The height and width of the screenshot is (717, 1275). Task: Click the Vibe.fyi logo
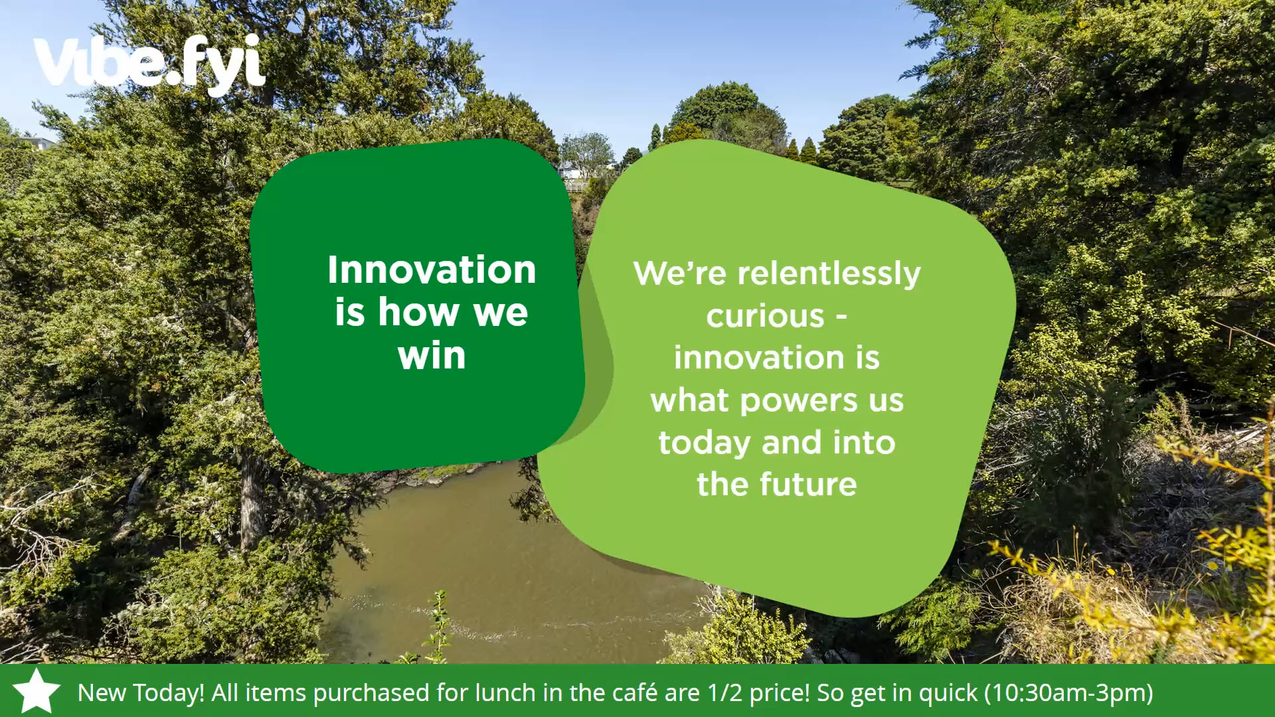[x=149, y=63]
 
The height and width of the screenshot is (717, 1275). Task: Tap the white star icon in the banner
[x=37, y=691]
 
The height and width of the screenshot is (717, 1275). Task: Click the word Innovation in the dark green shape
[x=432, y=270]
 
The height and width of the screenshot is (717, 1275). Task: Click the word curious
[x=765, y=316]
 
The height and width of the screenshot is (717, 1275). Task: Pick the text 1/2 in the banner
[x=724, y=692]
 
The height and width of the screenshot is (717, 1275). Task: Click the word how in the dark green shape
[x=420, y=312]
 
